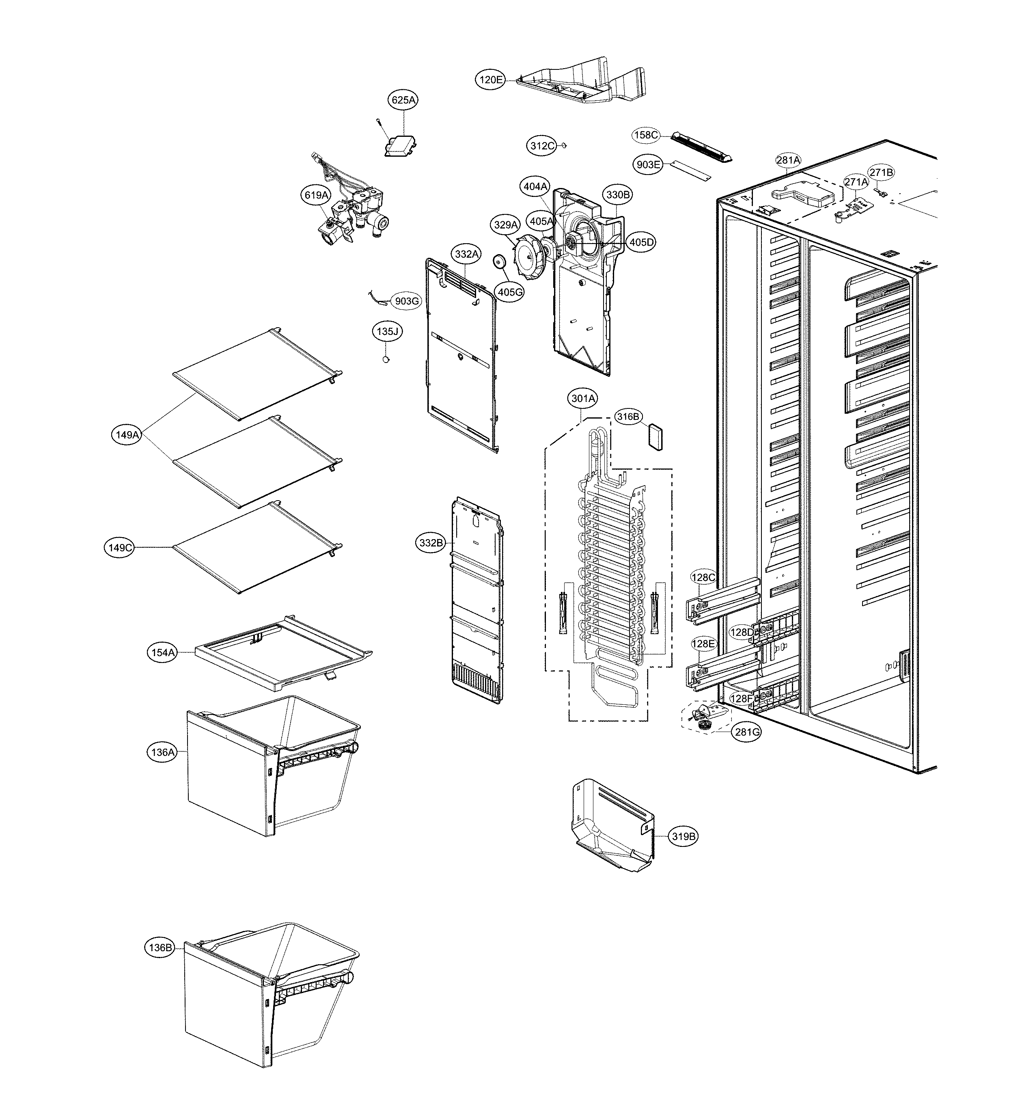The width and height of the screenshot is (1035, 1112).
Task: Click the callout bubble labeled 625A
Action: (404, 100)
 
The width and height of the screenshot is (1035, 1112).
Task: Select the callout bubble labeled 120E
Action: (490, 80)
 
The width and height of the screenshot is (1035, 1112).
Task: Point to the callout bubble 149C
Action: (119, 548)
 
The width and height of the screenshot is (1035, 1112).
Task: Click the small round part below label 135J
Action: (385, 359)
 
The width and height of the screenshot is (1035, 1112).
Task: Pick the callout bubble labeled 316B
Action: (627, 417)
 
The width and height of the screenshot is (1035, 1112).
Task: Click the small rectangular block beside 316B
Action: (655, 436)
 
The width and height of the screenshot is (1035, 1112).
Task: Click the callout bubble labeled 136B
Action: (160, 948)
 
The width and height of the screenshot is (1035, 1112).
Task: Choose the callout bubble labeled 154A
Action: (163, 652)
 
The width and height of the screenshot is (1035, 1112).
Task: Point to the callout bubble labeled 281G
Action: (748, 732)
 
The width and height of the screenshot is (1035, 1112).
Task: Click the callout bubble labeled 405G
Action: (509, 291)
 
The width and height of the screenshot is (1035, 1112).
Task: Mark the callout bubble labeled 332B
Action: (431, 542)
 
